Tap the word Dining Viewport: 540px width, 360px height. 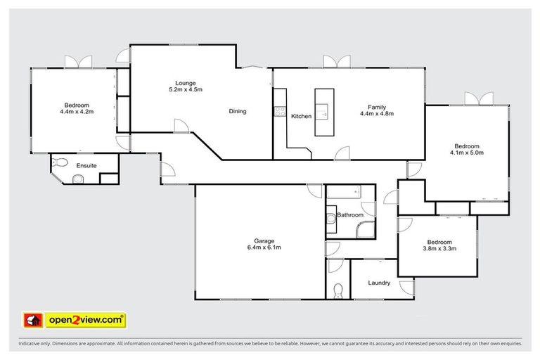[x=237, y=111]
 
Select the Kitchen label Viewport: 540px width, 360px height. [x=301, y=116]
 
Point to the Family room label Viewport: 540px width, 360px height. [x=376, y=105]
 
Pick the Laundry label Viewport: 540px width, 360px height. [x=380, y=283]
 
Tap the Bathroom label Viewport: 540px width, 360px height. [x=349, y=214]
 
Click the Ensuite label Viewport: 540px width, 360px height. [x=86, y=166]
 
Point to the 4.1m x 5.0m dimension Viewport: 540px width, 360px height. [x=467, y=153]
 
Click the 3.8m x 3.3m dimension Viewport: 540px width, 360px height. [x=439, y=247]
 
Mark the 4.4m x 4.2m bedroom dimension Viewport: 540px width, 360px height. [x=77, y=111]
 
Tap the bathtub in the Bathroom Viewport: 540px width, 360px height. [x=343, y=191]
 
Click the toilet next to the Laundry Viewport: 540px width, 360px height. [x=338, y=290]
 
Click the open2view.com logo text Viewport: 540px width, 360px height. [x=86, y=321]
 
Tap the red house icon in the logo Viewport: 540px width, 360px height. [x=32, y=321]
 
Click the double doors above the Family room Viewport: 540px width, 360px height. [x=336, y=62]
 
